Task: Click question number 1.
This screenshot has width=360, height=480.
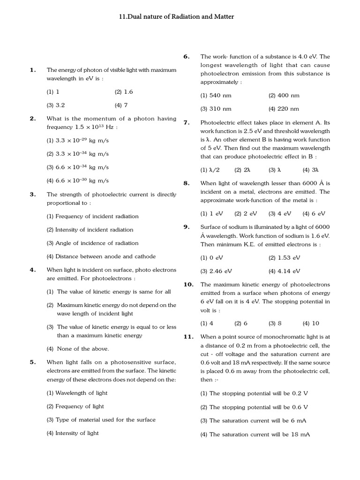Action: tap(33, 70)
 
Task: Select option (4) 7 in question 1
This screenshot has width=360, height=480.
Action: tap(121, 105)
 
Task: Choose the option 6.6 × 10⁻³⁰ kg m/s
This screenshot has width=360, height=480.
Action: tap(77, 180)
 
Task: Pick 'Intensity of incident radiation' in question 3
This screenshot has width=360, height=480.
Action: tap(90, 230)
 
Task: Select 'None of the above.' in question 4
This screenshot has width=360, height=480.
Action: tap(78, 349)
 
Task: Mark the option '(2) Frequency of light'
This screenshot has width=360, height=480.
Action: tap(75, 406)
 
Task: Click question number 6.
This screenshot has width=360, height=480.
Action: tap(187, 57)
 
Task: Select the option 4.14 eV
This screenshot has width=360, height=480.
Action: tap(285, 271)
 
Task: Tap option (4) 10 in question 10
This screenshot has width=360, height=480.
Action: tap(311, 323)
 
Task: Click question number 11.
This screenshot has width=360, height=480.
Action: tap(188, 337)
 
